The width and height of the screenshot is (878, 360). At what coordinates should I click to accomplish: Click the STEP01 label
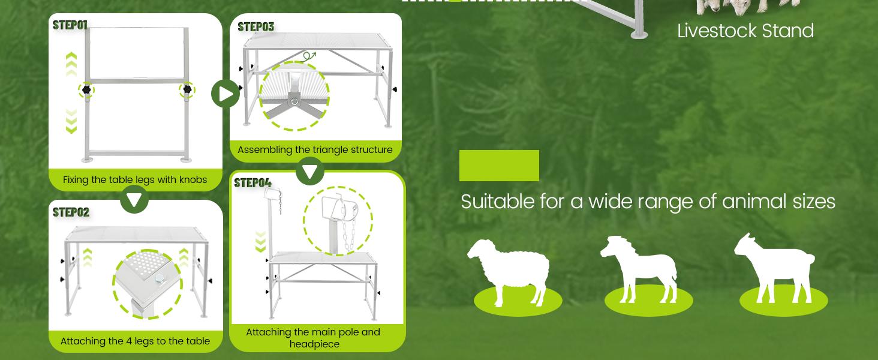tap(70, 25)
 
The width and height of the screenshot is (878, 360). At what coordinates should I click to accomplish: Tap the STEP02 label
tap(71, 212)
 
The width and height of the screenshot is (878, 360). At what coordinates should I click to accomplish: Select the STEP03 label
tap(255, 27)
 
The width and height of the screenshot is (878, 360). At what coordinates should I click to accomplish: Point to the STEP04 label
tap(252, 183)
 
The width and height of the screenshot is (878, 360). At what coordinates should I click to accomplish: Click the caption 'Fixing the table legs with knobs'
tap(135, 180)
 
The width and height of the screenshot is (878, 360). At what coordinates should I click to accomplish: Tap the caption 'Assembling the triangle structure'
tap(315, 150)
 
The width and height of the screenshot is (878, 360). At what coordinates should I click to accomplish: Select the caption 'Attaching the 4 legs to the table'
tap(135, 341)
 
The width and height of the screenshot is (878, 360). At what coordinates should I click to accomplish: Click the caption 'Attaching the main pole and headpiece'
tap(313, 338)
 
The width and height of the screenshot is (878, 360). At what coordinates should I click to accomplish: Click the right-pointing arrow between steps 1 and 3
tap(225, 94)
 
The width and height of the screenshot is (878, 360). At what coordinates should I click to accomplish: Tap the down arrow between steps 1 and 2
tap(134, 199)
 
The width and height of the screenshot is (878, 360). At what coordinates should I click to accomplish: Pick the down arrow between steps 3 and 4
tap(310, 172)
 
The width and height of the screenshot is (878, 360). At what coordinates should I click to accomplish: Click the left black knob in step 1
tap(86, 90)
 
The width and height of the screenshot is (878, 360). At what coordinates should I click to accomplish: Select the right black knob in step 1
tap(187, 90)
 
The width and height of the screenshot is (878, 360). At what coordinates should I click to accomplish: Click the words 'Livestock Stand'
tap(745, 31)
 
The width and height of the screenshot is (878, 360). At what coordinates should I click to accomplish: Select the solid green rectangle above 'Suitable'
tap(499, 166)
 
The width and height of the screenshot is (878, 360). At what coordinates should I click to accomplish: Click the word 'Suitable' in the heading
tap(497, 202)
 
